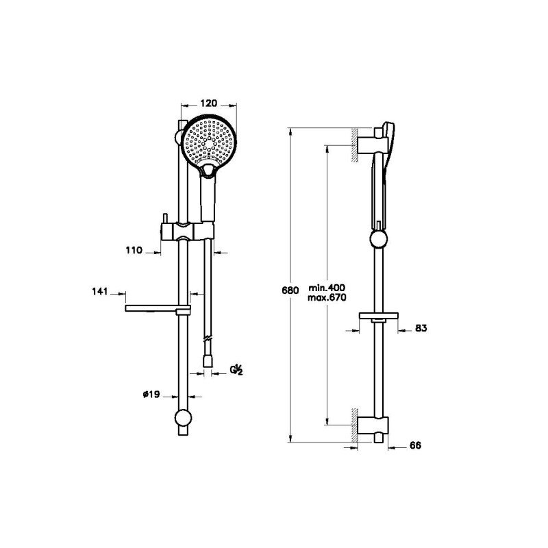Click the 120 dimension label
tap(208, 103)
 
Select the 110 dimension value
tap(134, 250)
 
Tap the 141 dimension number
tap(100, 291)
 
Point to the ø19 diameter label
tap(151, 395)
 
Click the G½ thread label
tap(236, 370)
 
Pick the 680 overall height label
tap(290, 290)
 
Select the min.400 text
tap(327, 288)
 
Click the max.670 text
tap(327, 298)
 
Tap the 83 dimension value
tap(421, 328)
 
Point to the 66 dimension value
tap(415, 446)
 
